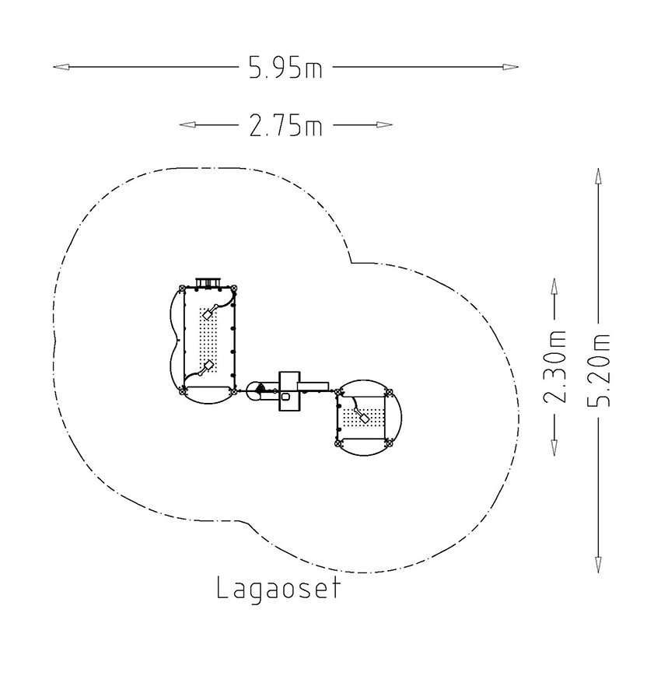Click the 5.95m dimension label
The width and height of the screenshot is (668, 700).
point(285,68)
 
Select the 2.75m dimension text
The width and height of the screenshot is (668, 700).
point(285,125)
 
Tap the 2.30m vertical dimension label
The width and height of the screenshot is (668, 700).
point(554,366)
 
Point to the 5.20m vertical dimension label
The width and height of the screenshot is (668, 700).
point(598,369)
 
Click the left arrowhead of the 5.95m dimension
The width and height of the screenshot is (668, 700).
point(61,68)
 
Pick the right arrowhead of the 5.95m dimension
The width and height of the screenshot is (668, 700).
point(510,68)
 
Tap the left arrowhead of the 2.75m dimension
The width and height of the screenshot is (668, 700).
point(187,125)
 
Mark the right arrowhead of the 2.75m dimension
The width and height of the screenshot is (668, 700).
point(385,125)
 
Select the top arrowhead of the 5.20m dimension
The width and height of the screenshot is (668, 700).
point(598,176)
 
